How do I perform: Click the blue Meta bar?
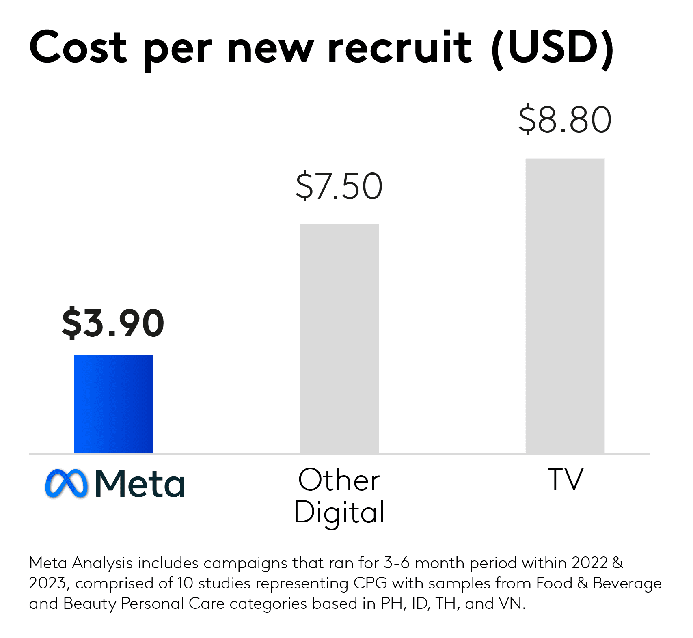click(x=113, y=404)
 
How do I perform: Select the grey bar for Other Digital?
click(x=339, y=338)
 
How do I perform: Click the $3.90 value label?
click(x=113, y=323)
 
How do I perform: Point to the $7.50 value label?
click(x=339, y=187)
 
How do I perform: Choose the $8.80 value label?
click(x=565, y=120)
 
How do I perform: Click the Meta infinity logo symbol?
click(x=66, y=483)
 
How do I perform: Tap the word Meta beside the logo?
click(x=140, y=483)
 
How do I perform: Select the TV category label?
click(x=565, y=479)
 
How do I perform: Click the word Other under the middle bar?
click(x=339, y=480)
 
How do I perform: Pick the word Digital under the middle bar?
click(x=339, y=513)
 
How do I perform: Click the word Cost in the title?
click(x=78, y=47)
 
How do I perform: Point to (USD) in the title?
click(x=553, y=48)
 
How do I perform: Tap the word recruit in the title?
click(x=400, y=47)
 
